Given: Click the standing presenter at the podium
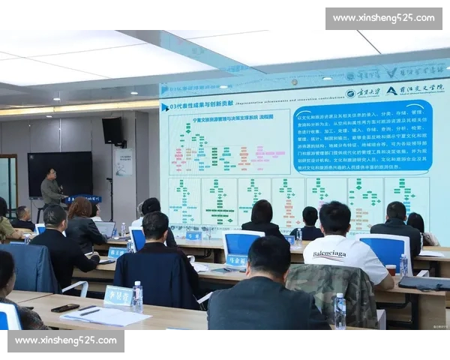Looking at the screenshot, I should [51, 187].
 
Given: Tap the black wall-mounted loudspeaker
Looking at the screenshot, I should [112, 130].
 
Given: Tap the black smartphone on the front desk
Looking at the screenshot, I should [64, 307].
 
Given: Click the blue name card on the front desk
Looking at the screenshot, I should [118, 295].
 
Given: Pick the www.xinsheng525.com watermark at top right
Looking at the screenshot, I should [383, 18].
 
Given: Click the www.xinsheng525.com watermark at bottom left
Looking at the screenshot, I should [66, 340].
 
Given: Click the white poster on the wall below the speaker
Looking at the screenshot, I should [124, 161].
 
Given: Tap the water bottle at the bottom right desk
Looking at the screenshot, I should [340, 310].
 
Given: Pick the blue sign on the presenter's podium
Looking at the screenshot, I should [85, 199].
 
